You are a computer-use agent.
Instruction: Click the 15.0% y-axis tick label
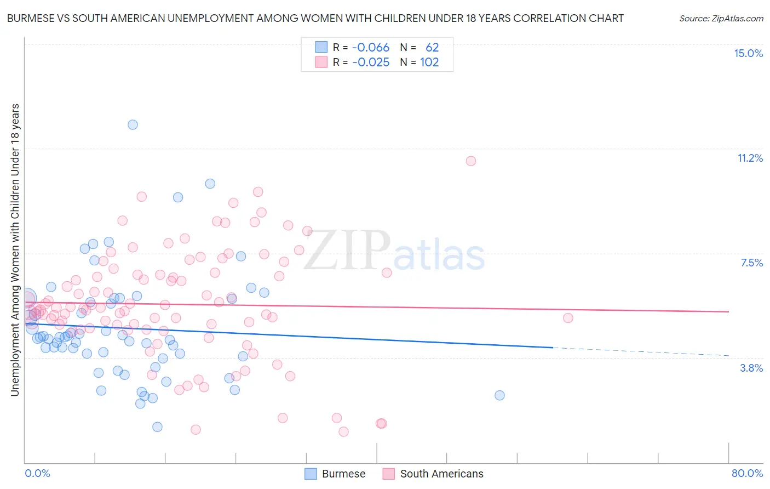748,53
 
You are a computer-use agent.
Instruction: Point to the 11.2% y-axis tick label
750,158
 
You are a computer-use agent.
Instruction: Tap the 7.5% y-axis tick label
751,263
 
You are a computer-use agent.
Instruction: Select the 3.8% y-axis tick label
751,368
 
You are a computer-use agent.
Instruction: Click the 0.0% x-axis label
37,473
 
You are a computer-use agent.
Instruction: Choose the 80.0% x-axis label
747,473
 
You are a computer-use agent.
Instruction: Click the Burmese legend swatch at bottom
311,474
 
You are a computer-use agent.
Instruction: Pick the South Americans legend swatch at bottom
389,474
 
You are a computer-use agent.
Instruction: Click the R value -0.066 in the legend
371,48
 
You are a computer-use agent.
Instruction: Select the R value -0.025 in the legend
371,62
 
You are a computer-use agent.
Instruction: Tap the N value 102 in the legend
429,62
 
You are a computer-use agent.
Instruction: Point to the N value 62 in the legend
432,48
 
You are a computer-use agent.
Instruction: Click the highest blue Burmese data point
133,124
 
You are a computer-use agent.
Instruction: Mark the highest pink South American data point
471,161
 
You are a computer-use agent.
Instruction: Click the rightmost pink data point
568,318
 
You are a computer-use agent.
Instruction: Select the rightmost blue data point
499,395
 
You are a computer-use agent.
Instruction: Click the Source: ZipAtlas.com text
721,19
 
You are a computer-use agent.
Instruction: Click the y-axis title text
15,249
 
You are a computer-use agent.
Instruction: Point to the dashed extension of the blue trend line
641,351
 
